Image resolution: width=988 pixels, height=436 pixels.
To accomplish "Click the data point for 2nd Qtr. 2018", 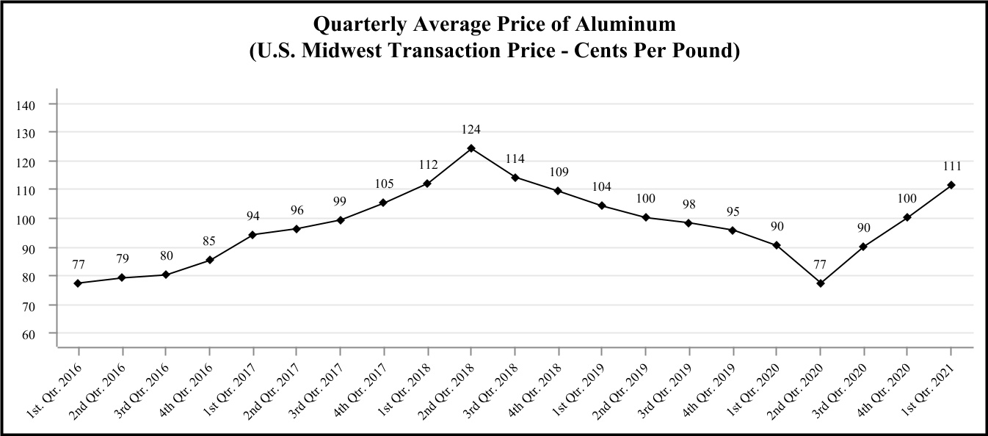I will coord(471,148).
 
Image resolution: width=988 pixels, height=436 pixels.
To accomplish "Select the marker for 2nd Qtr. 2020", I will coord(821,283).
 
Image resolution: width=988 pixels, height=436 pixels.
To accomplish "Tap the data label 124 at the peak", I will coord(471,129).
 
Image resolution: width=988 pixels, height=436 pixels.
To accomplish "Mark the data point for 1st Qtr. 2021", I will coord(951,185).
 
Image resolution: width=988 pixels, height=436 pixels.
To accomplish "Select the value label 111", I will coord(951,166).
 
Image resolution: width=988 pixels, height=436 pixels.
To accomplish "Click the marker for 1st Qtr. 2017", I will coord(253,235).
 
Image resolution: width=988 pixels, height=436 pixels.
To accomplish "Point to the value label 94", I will coord(253,216).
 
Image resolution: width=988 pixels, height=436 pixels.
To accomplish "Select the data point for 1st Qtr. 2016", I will coord(78,283).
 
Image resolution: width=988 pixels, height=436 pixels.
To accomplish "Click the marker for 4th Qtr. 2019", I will coord(733,230).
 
